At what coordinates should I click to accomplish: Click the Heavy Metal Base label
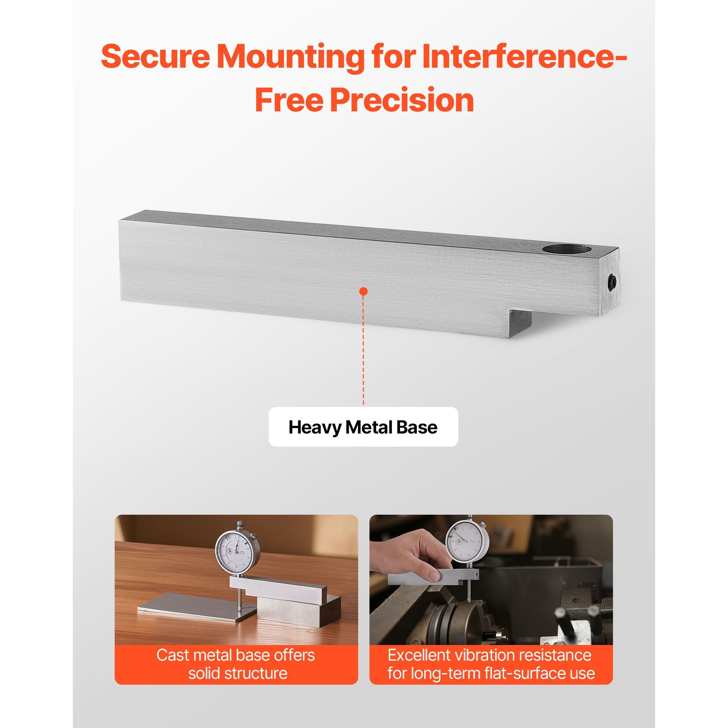363,427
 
